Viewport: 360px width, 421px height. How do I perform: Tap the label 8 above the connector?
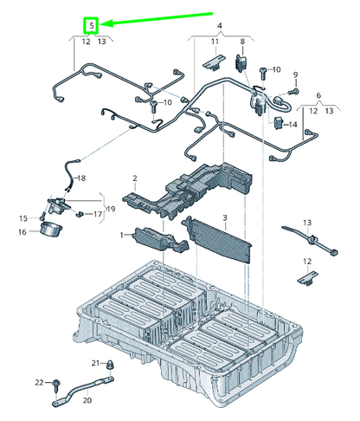click(x=242, y=42)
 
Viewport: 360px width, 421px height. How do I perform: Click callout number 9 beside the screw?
click(x=294, y=75)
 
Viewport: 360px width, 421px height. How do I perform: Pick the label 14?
click(x=294, y=125)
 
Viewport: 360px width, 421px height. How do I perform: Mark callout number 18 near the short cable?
click(x=80, y=178)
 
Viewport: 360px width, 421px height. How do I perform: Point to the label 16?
click(x=22, y=231)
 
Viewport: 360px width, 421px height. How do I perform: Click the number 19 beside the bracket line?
click(x=109, y=210)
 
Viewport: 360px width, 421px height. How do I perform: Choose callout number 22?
click(x=38, y=382)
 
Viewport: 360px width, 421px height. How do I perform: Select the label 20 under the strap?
click(x=87, y=400)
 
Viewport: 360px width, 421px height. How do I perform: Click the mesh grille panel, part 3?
click(x=220, y=242)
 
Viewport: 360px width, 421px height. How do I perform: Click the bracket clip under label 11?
click(x=214, y=62)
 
